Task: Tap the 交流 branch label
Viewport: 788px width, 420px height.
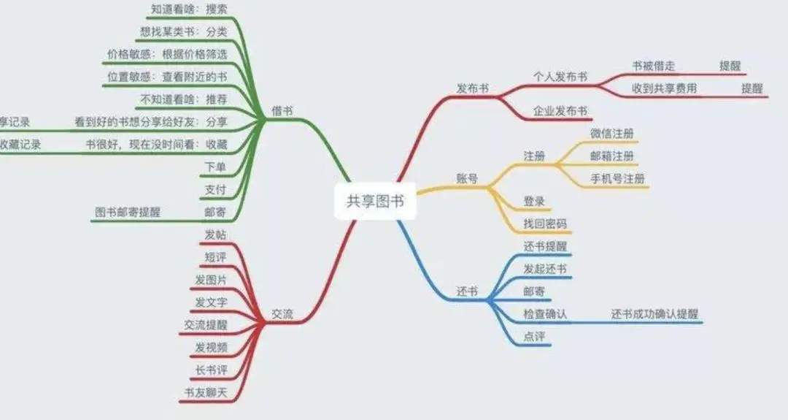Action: [282, 313]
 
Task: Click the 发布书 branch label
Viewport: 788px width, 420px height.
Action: [472, 88]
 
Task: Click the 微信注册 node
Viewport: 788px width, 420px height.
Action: [611, 134]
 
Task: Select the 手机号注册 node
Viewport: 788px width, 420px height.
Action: [617, 179]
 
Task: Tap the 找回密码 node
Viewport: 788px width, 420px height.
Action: [545, 224]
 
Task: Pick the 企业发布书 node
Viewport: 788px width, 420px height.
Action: [560, 111]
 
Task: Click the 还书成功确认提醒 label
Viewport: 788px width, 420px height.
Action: [654, 314]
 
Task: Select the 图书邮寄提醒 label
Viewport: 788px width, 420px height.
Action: [128, 212]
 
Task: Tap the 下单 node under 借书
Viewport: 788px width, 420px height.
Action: [216, 166]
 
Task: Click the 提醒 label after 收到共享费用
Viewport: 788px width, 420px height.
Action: [752, 88]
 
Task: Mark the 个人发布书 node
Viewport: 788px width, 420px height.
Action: [560, 77]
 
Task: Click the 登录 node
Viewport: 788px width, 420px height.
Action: [534, 201]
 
